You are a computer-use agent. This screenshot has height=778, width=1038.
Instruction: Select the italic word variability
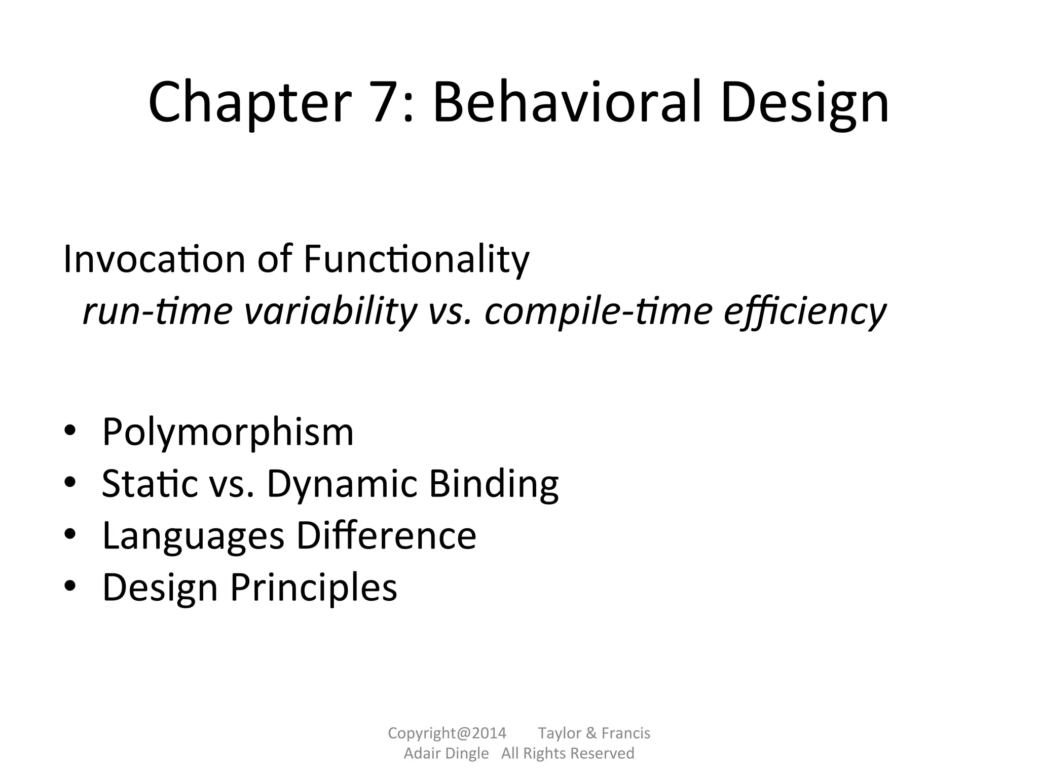coord(330,311)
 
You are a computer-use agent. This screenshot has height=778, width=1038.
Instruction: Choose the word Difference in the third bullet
coord(386,535)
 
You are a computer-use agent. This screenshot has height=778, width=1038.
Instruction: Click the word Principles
coord(314,588)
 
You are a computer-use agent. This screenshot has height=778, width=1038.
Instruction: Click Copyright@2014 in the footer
coord(447,733)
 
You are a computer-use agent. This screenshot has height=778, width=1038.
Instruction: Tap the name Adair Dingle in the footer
coord(446,753)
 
